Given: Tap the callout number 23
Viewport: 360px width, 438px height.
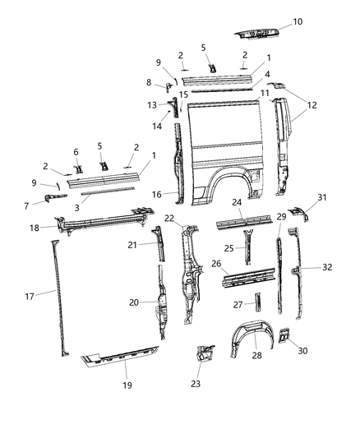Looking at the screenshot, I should [x=196, y=382].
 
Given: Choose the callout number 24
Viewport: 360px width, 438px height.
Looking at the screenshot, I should [x=236, y=201].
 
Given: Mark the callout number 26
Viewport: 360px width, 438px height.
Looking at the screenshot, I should [x=215, y=264].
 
